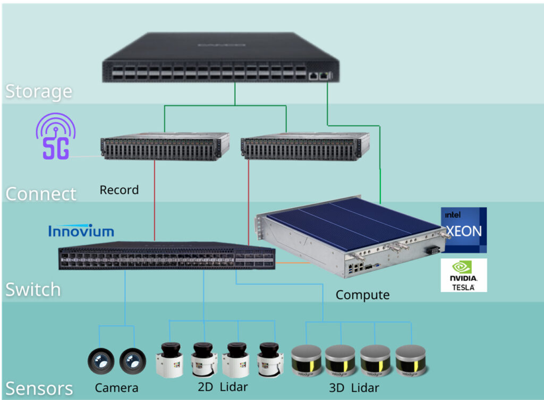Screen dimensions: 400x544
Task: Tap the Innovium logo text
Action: pos(81,231)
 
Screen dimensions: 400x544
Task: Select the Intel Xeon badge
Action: pos(464,230)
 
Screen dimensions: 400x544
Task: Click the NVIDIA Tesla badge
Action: pos(464,275)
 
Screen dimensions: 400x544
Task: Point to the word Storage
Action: pos(38,91)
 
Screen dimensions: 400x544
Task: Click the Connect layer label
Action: pos(41,194)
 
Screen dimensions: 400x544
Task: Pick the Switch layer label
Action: pos(33,290)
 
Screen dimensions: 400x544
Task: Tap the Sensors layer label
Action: pos(39,388)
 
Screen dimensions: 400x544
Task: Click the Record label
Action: pos(119,190)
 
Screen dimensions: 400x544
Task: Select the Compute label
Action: pos(363,295)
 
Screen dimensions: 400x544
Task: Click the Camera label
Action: pos(116,388)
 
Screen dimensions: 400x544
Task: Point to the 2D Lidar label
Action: pos(223,386)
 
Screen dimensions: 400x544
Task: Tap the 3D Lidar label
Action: pos(354,387)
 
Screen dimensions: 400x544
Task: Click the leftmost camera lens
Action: pos(100,362)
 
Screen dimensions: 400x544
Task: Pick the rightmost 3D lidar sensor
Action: pos(411,360)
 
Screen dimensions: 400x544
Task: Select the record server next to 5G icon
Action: pos(165,147)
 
